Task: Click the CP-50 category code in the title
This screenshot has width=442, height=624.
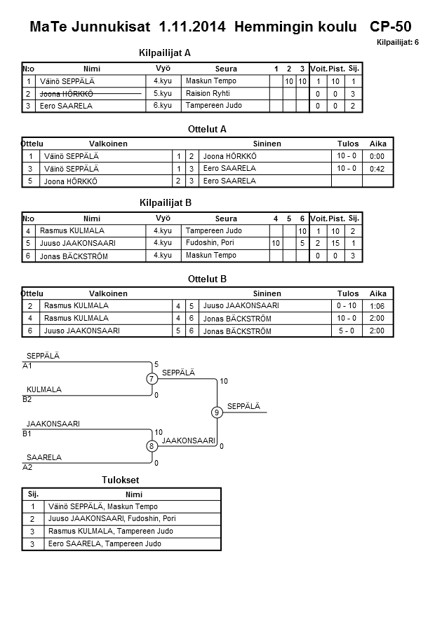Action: (390, 28)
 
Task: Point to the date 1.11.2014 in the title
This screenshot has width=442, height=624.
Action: (193, 28)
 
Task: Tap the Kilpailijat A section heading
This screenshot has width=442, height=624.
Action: (165, 53)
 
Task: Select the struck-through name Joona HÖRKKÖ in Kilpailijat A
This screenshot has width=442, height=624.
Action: (68, 94)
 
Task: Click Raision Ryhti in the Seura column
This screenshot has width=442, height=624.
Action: (208, 93)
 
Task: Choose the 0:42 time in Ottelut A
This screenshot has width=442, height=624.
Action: (377, 169)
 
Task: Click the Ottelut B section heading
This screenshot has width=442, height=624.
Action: (208, 279)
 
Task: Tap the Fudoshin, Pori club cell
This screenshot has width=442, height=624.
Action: (210, 243)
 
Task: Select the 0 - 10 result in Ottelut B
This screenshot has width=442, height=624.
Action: (347, 305)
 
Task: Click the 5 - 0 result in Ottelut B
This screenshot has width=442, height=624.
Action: (347, 331)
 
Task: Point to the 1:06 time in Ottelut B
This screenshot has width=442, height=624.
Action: (377, 306)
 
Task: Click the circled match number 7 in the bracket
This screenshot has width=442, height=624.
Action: (151, 379)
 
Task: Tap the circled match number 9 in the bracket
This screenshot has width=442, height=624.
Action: (217, 412)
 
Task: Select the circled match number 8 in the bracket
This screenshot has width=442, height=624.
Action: (151, 446)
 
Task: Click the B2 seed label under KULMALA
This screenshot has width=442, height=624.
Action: (27, 399)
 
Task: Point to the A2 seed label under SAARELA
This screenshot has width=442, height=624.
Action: (27, 466)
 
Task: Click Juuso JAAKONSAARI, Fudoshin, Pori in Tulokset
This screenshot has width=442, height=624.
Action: (112, 519)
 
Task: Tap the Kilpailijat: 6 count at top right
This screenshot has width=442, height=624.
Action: (398, 43)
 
